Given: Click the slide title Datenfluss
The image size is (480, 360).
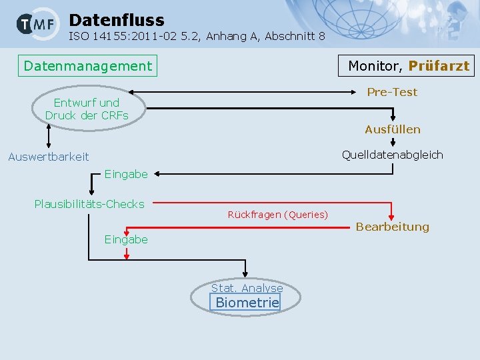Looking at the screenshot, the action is click(116, 20).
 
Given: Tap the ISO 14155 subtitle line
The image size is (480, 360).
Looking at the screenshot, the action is click(197, 37).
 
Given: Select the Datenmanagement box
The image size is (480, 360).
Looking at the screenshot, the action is click(87, 66).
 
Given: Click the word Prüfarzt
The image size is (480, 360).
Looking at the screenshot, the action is click(439, 66).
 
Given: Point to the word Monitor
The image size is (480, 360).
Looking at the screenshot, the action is click(375, 66).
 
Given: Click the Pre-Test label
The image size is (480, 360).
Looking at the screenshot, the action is click(392, 92).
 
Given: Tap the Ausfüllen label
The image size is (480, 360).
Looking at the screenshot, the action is click(392, 129).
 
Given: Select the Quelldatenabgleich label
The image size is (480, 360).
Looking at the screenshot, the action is click(392, 155).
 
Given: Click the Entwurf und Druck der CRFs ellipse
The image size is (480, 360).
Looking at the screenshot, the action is click(87, 109).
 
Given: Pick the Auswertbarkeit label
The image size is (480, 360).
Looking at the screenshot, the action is click(48, 157).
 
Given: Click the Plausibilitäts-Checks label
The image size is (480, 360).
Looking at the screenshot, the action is click(89, 204).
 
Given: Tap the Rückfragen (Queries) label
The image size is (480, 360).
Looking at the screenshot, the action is click(277, 215).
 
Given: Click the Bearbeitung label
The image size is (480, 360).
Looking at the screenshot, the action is click(392, 227).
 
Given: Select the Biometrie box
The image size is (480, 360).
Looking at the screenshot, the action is click(247, 303).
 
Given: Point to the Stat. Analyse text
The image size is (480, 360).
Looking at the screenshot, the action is click(247, 288).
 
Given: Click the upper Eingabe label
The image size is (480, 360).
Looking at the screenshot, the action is click(126, 174).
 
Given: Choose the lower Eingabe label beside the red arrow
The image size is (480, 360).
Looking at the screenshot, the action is click(126, 239).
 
